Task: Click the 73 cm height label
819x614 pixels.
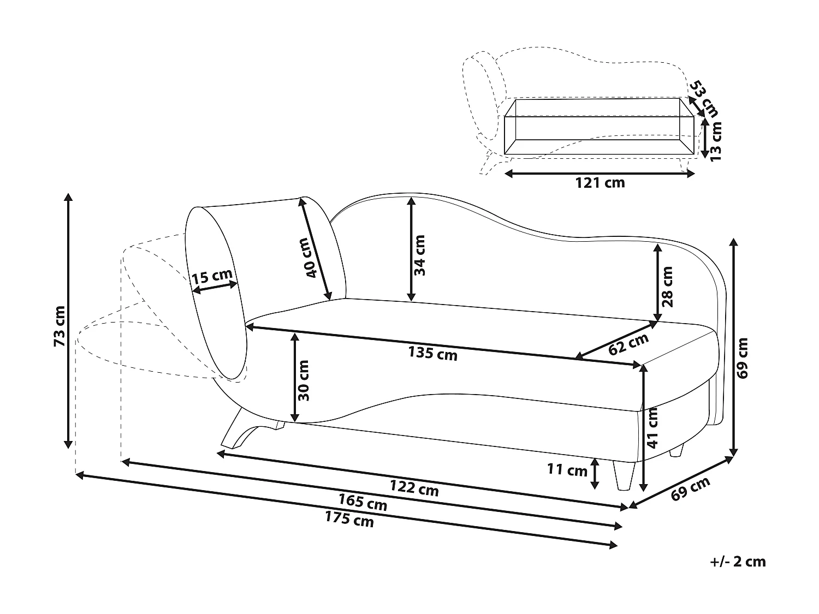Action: (60, 326)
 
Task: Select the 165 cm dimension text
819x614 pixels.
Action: (363, 502)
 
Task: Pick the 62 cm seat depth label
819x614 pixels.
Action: (628, 344)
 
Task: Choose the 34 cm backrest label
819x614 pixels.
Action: (419, 255)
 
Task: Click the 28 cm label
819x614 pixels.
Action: (667, 286)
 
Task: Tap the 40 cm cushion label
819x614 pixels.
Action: (309, 258)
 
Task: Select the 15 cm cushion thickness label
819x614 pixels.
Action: (212, 277)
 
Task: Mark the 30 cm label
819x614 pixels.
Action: (304, 380)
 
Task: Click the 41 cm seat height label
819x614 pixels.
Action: (653, 428)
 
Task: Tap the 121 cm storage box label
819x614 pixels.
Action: (600, 183)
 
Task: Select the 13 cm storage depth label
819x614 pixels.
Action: (715, 140)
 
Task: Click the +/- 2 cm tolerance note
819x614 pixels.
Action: (738, 562)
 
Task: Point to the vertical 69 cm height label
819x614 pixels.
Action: (743, 357)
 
